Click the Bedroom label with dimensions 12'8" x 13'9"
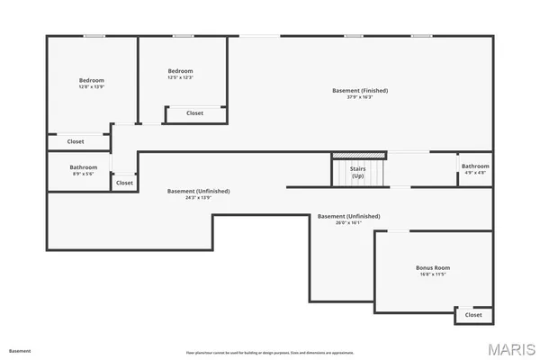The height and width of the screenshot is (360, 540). (92, 80)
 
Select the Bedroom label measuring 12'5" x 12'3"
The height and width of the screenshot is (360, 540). (181, 71)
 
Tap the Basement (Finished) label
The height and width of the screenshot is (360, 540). (360, 91)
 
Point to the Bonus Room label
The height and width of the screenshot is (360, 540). (433, 268)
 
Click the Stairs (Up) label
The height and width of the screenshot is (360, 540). (357, 171)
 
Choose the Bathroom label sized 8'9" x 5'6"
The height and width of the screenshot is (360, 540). (83, 166)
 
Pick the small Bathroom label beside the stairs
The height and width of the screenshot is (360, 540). (475, 166)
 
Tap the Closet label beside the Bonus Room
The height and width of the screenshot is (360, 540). (473, 315)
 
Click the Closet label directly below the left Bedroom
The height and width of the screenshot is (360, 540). (76, 141)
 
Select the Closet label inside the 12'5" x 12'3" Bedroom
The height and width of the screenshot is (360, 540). (194, 113)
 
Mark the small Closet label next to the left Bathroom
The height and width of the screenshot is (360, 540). (124, 183)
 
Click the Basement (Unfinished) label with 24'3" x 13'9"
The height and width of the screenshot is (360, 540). (199, 191)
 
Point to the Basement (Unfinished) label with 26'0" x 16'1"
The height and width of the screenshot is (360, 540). (349, 217)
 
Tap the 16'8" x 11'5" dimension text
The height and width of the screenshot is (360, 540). (433, 274)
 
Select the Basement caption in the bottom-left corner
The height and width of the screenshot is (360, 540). (20, 351)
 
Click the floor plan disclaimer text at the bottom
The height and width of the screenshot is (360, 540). (270, 352)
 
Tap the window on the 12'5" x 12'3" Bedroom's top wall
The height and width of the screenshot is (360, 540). (184, 36)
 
